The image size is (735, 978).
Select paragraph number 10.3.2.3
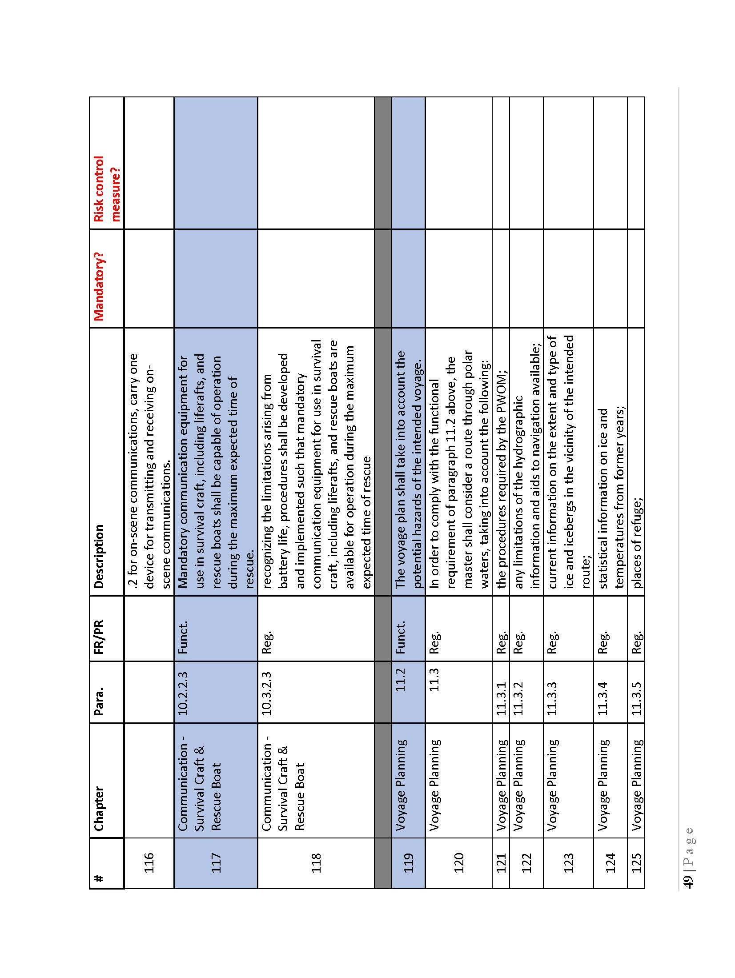click(266, 689)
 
